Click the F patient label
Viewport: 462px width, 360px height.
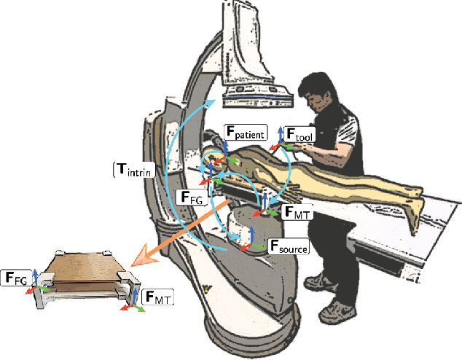(x=245, y=133)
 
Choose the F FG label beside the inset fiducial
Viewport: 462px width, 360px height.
(x=17, y=277)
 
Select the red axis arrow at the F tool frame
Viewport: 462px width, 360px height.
(x=275, y=148)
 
